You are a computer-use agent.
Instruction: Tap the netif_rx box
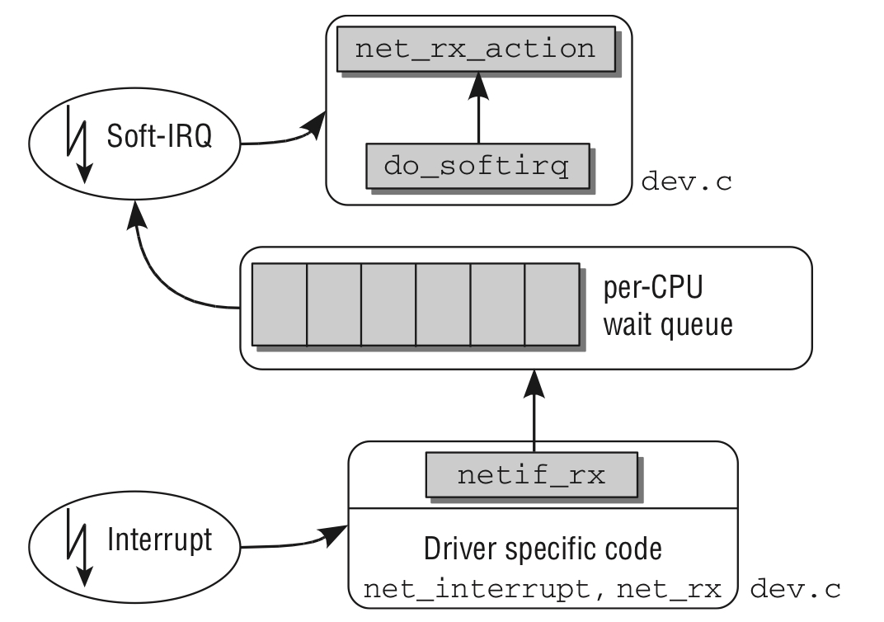532,474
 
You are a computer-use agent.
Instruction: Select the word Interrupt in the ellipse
159,540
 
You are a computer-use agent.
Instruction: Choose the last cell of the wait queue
551,304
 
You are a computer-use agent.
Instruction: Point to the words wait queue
666,324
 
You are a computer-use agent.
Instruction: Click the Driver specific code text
543,548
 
